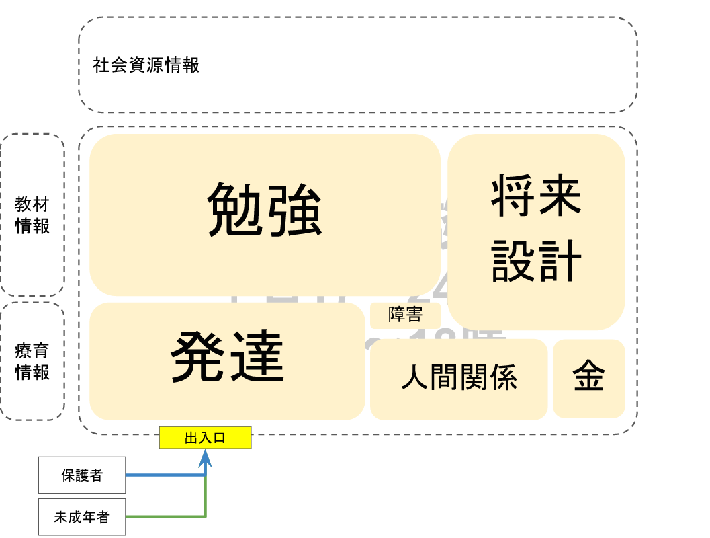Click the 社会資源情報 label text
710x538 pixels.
(146, 66)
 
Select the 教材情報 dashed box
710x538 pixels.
(32, 215)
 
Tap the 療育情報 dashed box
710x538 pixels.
(32, 362)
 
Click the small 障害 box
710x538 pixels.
(405, 315)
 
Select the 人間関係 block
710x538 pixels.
(459, 379)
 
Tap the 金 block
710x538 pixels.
(588, 378)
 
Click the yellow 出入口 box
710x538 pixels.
(205, 438)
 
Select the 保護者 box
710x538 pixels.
(82, 475)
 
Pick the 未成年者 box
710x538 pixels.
(82, 517)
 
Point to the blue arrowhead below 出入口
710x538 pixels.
(206, 459)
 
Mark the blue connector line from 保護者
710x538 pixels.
(165, 475)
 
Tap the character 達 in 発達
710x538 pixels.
(257, 356)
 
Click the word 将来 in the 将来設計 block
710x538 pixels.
(536, 196)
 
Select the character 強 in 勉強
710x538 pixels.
(295, 210)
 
